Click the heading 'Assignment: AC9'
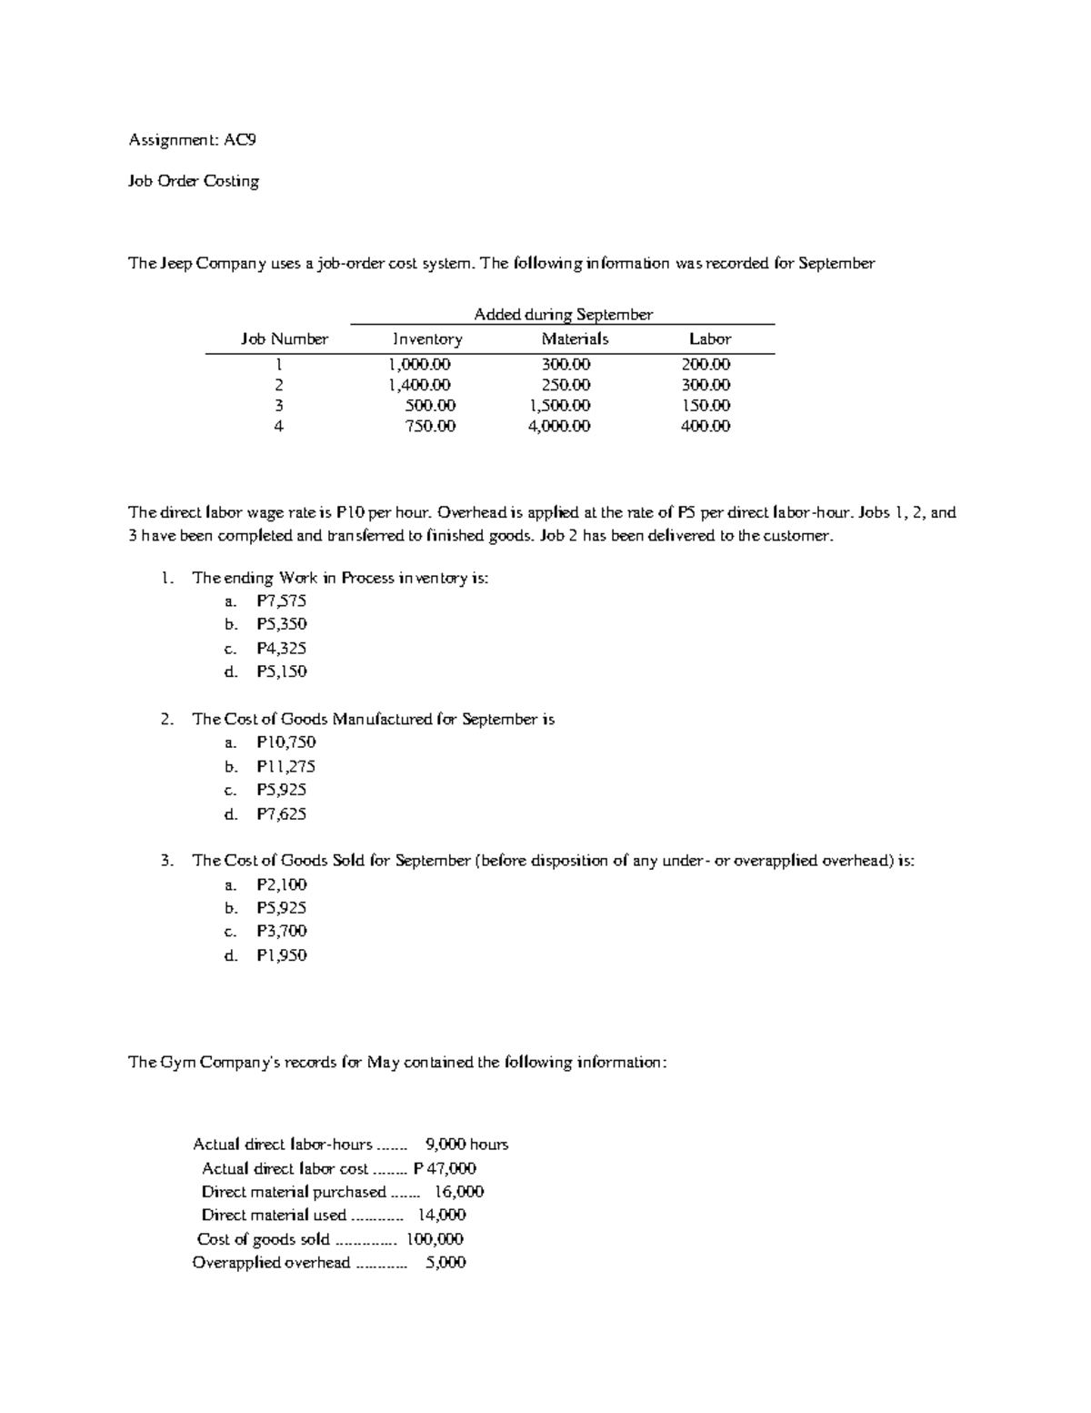[185, 140]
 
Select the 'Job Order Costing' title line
[194, 181]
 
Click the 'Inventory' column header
[427, 339]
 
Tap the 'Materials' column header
[575, 339]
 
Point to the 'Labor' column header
[710, 339]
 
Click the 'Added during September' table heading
[563, 315]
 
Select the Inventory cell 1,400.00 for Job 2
[419, 385]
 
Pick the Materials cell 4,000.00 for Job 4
[559, 426]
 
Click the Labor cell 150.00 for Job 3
[706, 406]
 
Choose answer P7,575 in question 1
[282, 601]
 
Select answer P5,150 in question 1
[282, 671]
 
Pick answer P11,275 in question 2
[286, 766]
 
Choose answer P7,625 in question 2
[282, 814]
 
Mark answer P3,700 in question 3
[282, 931]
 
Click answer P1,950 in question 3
[282, 955]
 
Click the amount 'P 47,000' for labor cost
[445, 1168]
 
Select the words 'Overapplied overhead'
[271, 1263]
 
